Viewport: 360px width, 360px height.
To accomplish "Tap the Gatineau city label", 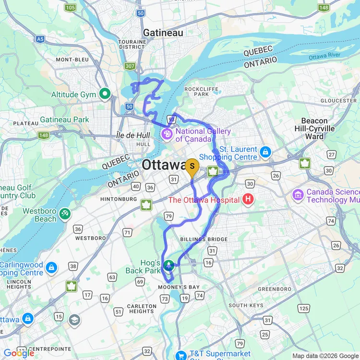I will pos(163,33).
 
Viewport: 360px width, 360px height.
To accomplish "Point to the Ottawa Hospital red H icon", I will pos(248,198).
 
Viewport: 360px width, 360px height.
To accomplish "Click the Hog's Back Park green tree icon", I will pos(169,265).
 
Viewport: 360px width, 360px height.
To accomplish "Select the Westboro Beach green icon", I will pos(65,213).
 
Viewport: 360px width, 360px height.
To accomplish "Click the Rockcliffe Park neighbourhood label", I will pos(201,91).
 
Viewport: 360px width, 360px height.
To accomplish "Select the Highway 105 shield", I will pos(70,7).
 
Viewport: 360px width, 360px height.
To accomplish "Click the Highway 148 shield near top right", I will pos(324,7).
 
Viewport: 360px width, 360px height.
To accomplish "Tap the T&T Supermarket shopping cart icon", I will pos(180,356).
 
